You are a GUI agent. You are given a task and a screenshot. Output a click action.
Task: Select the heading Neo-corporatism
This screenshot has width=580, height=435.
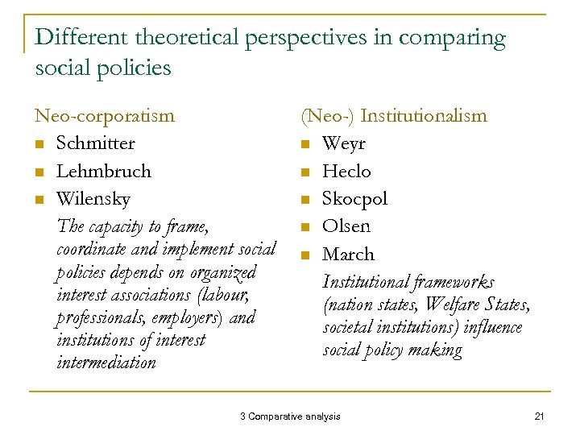pos(104,116)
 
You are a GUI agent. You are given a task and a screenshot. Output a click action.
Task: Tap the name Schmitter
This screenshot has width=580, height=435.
pos(95,143)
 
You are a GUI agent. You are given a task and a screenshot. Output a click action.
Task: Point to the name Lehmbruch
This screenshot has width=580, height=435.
pos(103,171)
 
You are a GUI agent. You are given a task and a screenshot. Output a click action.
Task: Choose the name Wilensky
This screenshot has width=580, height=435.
pos(93,198)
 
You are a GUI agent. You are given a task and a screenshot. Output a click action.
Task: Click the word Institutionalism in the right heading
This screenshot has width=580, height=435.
pos(424,116)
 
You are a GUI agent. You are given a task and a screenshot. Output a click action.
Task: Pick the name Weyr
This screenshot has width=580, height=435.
pos(344,143)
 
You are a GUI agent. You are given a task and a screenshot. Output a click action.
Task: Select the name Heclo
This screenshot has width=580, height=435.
pos(346,171)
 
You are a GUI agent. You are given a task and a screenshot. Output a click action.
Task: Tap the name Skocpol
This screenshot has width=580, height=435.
pos(354,198)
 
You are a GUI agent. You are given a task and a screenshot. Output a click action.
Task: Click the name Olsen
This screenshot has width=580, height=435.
pos(346,226)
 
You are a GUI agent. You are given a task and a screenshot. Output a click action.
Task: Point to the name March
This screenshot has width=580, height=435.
pos(348,254)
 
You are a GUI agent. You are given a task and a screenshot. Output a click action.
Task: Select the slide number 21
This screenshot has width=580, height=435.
pos(540,416)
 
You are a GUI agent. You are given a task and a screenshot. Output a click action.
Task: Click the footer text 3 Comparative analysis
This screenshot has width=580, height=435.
pos(290,416)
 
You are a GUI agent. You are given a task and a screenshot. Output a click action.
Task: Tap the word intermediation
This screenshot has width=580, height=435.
pos(106,362)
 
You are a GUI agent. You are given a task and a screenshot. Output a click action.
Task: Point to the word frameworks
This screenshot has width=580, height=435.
pos(451,282)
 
